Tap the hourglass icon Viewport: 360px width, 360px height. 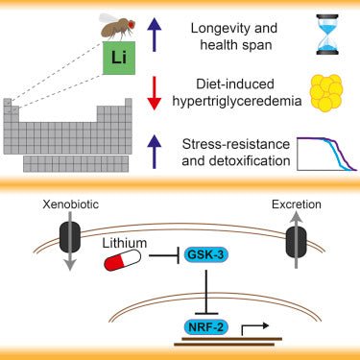click(x=318, y=36)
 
